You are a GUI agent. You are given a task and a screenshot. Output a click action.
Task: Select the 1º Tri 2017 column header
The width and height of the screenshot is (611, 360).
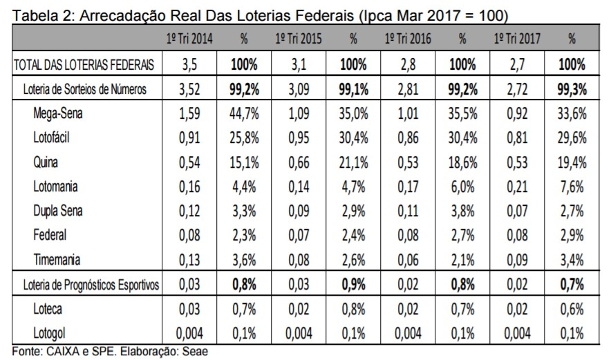coord(517,39)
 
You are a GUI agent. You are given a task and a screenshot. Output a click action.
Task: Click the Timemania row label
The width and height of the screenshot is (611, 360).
coord(57,260)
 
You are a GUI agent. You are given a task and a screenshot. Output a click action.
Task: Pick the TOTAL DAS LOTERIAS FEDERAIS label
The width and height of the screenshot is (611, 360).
coord(84,66)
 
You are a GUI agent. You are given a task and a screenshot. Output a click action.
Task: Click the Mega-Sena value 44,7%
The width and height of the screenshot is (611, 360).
coord(243,113)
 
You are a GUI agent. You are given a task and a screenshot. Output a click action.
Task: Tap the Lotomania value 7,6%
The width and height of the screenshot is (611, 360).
coord(572,187)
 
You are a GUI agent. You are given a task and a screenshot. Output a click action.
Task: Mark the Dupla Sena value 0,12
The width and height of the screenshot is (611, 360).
coord(189,211)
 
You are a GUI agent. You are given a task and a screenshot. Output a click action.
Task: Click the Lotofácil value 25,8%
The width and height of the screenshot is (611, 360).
coord(243,138)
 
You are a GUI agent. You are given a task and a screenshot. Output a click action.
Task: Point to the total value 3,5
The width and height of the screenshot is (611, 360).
coord(189,66)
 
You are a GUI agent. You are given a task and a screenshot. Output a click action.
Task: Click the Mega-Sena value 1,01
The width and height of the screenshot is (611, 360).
coord(408,113)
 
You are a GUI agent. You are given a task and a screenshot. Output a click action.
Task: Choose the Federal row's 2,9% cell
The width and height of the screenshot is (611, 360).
coord(572,235)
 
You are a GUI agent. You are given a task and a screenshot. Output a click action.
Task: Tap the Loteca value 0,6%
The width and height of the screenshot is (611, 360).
coord(572,309)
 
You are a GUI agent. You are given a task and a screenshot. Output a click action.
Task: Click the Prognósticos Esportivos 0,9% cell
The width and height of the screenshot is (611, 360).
coord(353,285)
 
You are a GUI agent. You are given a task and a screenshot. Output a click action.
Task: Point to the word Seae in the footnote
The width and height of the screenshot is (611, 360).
coord(196,351)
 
